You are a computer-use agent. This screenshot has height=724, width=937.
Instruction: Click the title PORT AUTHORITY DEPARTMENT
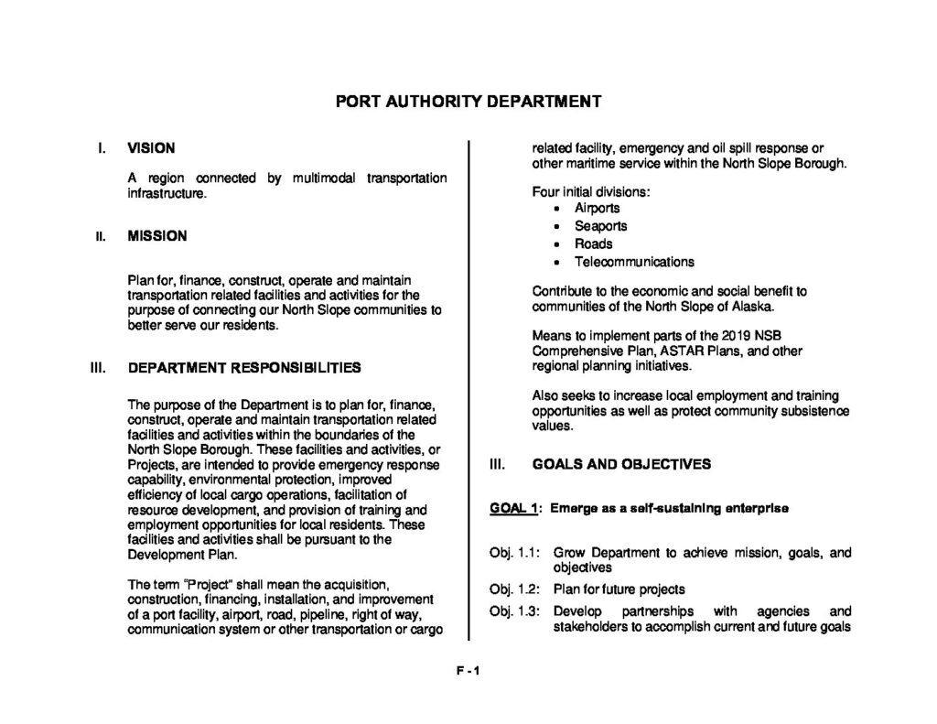tap(468, 101)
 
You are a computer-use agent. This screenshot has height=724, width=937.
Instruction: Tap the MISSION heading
tap(156, 236)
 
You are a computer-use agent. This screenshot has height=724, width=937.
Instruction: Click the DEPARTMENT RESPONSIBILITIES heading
tap(244, 368)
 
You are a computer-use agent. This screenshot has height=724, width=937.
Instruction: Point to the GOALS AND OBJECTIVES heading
tap(621, 464)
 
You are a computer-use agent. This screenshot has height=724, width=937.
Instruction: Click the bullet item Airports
tap(597, 208)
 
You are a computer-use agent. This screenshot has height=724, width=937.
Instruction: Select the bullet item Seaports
tap(600, 226)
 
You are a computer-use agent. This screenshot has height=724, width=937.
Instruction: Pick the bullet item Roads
tap(593, 243)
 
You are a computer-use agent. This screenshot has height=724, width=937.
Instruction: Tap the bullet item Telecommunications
tap(634, 262)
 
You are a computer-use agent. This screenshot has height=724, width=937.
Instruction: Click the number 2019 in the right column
tap(734, 335)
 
